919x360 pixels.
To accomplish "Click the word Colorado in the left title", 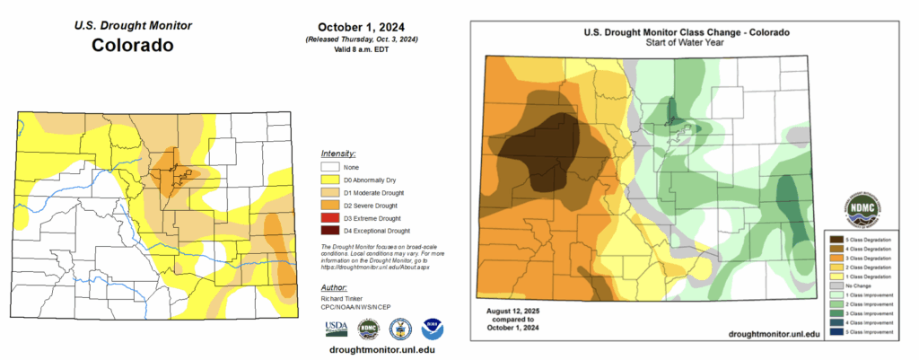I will pos(132,45).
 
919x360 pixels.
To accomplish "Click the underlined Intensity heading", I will pos(337,154).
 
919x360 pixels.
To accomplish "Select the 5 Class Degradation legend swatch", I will pos(837,240).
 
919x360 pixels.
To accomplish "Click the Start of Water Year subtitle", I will pos(687,42).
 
